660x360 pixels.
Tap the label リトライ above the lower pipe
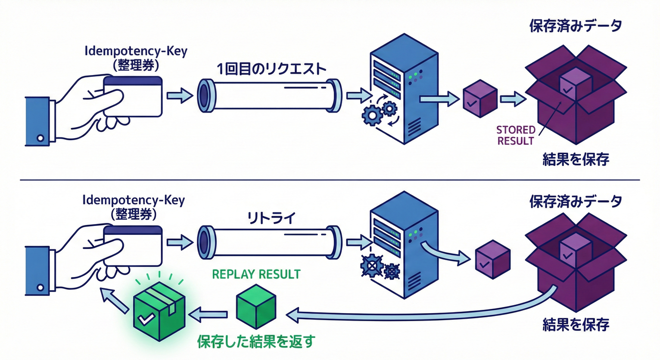pos(270,218)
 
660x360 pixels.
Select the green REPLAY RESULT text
pos(256,274)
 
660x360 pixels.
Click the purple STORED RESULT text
pos(515,135)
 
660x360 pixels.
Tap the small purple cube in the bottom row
pos(493,258)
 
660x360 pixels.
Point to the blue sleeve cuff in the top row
pos(37,121)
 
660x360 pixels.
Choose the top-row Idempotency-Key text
pos(136,51)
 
